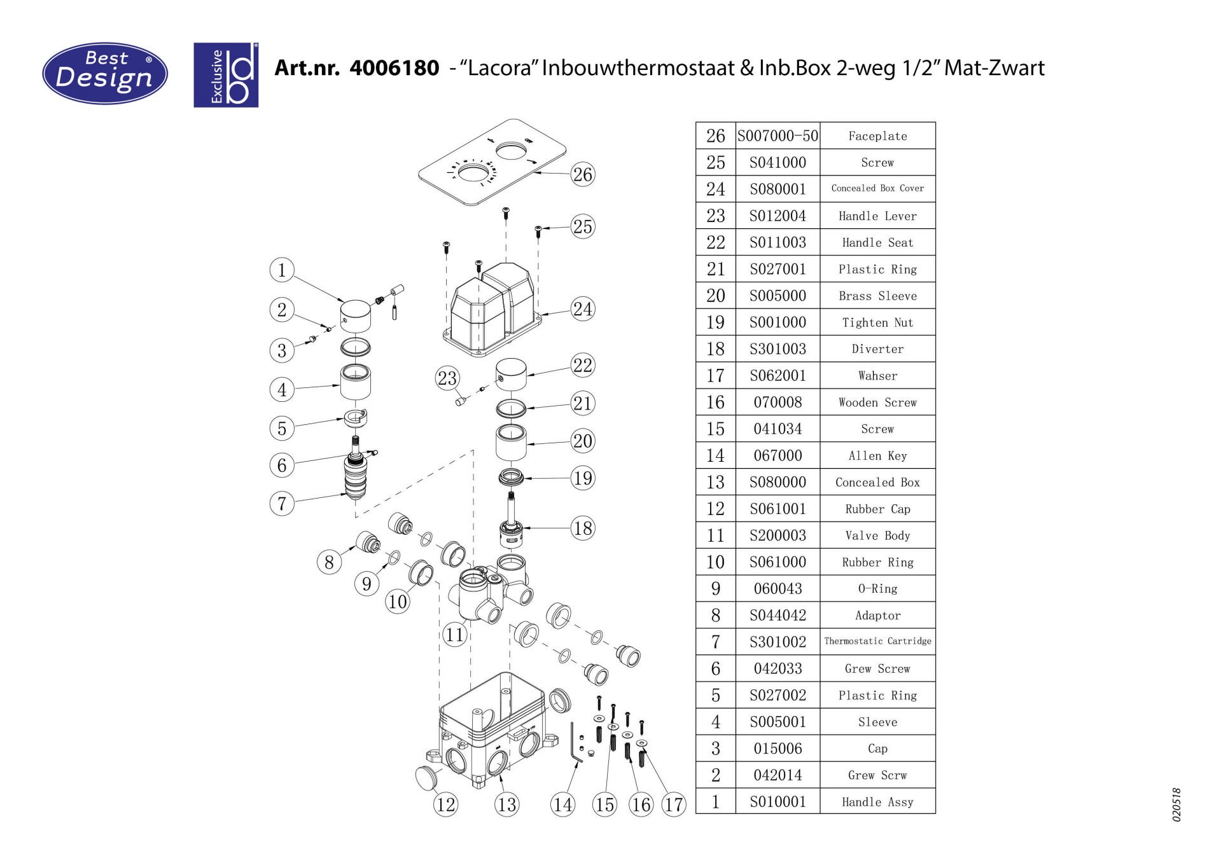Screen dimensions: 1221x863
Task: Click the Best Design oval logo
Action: click(105, 73)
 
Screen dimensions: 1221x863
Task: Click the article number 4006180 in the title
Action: click(394, 67)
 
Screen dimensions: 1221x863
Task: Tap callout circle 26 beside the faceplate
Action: click(582, 174)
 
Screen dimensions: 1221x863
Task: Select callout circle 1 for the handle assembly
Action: click(282, 270)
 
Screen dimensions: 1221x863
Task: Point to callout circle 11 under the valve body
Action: click(454, 634)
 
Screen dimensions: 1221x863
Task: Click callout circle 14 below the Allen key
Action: click(562, 804)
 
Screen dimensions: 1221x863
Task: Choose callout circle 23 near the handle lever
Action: click(447, 378)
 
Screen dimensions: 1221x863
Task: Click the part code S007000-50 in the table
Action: click(778, 135)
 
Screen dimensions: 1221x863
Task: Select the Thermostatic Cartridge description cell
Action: click(877, 641)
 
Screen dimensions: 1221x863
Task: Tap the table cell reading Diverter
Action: click(877, 349)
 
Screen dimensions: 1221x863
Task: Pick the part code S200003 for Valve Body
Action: click(778, 535)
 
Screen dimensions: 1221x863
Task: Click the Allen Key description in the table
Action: click(877, 456)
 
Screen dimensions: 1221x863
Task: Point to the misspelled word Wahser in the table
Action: click(877, 376)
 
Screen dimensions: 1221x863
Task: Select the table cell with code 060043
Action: click(778, 589)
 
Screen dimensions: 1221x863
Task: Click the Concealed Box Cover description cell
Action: click(877, 188)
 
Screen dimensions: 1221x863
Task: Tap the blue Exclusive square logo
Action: click(226, 75)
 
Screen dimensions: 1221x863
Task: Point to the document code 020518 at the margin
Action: click(1176, 805)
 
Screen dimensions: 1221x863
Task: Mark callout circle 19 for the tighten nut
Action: click(582, 478)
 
